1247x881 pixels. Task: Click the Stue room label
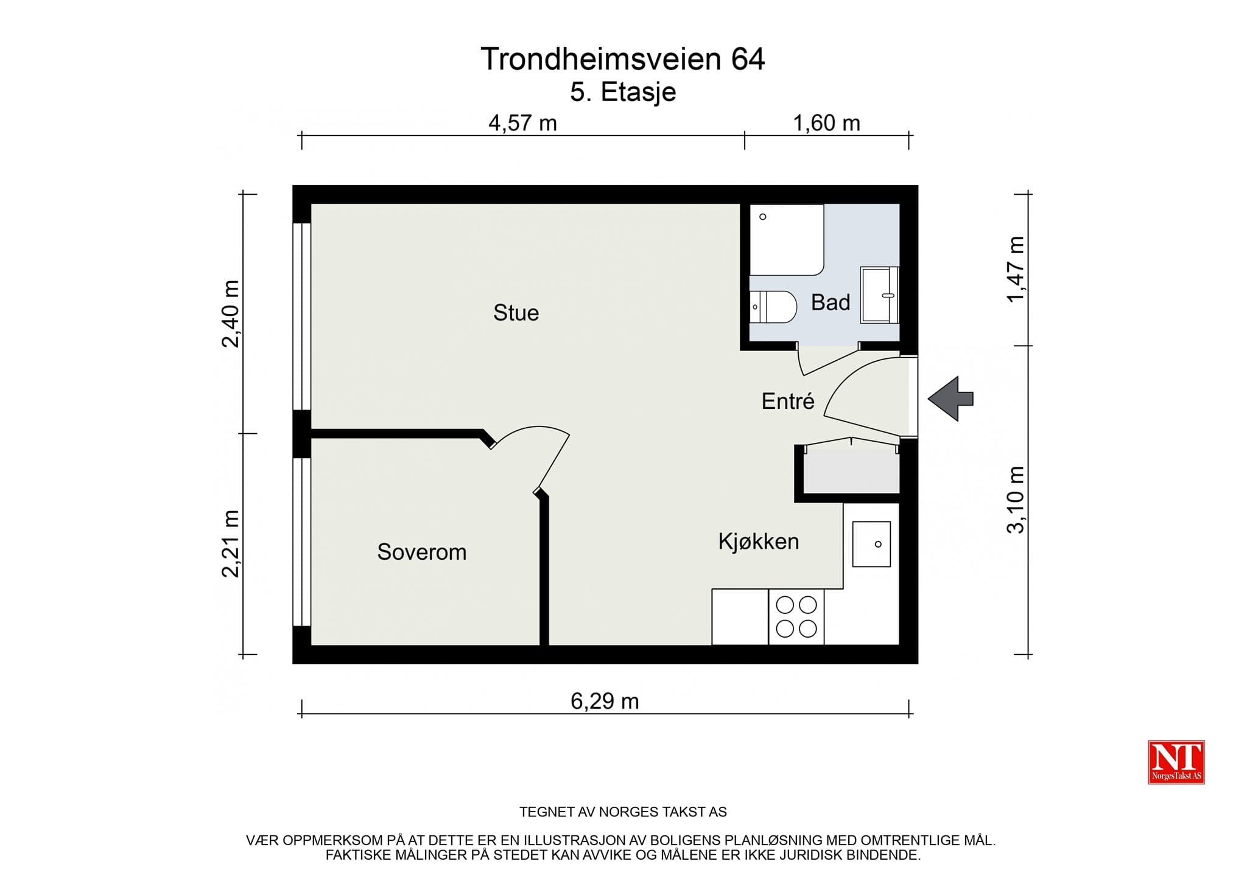(516, 313)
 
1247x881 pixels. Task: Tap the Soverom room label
(421, 552)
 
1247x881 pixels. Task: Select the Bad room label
(831, 302)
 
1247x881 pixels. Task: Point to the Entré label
(788, 401)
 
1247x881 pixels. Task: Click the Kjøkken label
(759, 541)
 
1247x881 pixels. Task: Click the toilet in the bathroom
(773, 307)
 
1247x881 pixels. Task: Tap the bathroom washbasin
(880, 295)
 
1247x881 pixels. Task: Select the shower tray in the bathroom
(787, 240)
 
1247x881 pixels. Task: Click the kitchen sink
(871, 544)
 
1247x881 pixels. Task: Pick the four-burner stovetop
(796, 617)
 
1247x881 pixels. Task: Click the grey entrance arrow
(950, 399)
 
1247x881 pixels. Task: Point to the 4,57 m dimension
(522, 124)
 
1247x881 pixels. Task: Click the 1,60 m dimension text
(826, 124)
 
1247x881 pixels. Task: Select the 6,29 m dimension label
(605, 702)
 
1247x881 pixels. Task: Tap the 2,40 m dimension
(231, 313)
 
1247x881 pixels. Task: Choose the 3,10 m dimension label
(1016, 500)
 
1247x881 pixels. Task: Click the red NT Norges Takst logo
(1176, 762)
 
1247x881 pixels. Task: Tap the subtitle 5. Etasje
(623, 92)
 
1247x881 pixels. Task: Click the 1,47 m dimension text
(1016, 269)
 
